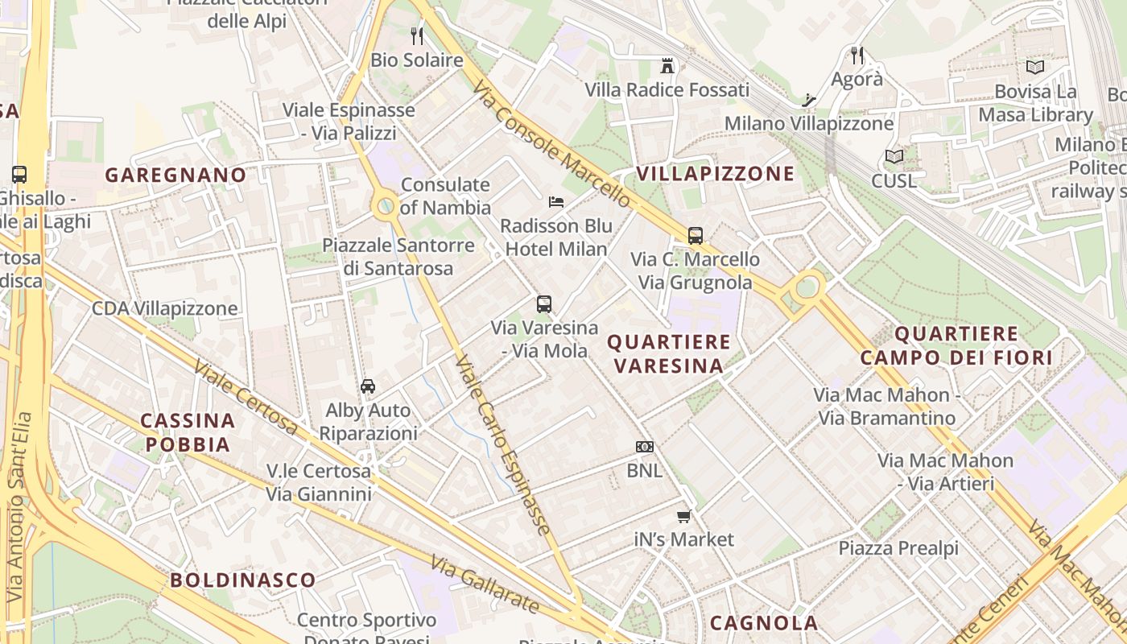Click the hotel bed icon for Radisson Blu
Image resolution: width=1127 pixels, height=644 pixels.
click(555, 201)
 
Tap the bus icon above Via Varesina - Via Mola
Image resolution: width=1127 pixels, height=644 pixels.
click(544, 304)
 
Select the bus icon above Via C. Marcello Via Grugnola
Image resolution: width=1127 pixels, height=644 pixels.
click(696, 236)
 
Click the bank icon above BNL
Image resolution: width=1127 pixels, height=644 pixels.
click(645, 447)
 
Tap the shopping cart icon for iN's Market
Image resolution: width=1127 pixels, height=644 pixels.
click(684, 516)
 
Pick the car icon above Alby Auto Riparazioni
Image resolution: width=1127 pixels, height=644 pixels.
click(368, 386)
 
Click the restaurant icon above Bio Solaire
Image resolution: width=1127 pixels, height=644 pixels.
click(417, 35)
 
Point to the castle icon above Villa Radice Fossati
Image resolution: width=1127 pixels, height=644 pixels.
click(667, 65)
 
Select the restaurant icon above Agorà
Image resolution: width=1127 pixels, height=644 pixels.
click(857, 56)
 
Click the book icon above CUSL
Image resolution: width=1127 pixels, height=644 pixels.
click(894, 156)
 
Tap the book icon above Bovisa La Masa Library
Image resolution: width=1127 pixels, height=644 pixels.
click(1035, 68)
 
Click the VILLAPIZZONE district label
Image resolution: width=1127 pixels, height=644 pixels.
click(716, 174)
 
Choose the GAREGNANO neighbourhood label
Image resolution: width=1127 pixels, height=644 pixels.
click(175, 175)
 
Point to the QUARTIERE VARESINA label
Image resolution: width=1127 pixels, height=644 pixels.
click(668, 353)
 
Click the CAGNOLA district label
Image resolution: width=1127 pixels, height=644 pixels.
click(764, 622)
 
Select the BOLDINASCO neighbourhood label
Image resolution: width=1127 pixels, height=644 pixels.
click(242, 580)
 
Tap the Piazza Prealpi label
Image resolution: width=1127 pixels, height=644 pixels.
click(898, 548)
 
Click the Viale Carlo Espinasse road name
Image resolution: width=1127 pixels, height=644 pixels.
click(504, 446)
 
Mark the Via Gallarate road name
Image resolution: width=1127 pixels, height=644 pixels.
click(484, 584)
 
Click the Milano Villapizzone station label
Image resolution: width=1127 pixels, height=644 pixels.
click(809, 124)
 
